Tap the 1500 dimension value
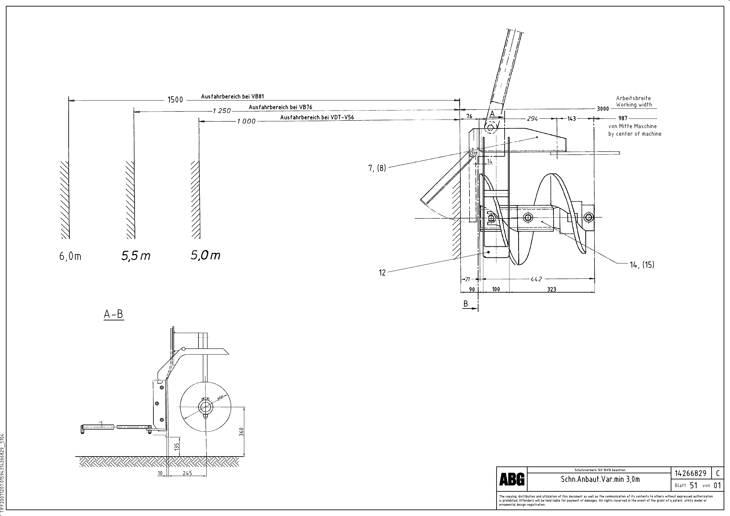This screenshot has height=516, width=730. (175, 100)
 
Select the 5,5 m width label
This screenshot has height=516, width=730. (136, 256)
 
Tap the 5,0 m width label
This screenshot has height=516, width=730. (205, 255)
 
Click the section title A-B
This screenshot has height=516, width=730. (113, 314)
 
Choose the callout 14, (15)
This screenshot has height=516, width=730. (642, 265)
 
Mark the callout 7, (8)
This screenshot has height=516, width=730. (377, 168)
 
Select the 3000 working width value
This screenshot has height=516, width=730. (603, 109)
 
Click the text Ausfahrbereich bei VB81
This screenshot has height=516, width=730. (232, 96)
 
